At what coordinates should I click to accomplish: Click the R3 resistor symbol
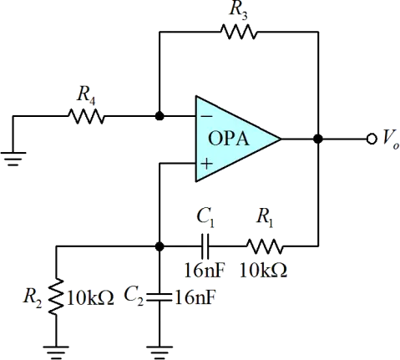coord(238,32)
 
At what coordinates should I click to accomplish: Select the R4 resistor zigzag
coord(86,116)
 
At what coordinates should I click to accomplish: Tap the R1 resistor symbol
coord(265,246)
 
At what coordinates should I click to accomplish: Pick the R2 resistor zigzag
coord(56,297)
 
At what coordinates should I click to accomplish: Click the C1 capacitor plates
coord(205,246)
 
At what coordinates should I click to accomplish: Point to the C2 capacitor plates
coord(159,297)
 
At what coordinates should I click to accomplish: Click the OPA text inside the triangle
coord(228,139)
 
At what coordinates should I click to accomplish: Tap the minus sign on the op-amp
coord(206,116)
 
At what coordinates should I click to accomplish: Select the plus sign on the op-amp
coord(206,164)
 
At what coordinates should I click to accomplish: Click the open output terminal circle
coord(372,139)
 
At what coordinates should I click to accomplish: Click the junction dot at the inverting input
coord(159,116)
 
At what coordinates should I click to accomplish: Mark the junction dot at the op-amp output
coord(318,139)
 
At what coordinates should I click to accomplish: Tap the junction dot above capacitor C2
coord(159,246)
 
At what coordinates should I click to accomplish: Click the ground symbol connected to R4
coord(13,159)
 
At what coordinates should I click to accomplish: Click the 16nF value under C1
coord(205,270)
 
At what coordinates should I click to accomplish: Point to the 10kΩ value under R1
coord(263,270)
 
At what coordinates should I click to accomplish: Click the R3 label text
coord(238,11)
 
